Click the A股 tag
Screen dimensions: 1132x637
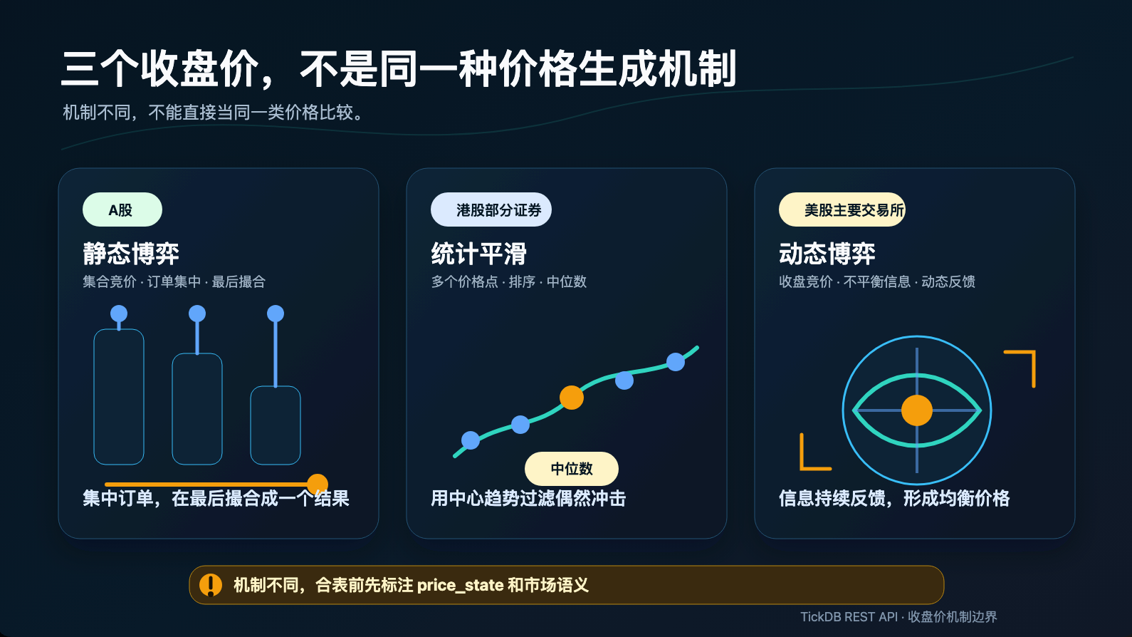coord(122,209)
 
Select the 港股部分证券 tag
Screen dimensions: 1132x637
coord(491,209)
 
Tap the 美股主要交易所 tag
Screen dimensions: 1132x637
coord(842,209)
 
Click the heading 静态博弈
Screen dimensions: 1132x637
coord(131,254)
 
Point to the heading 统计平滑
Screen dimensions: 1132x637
coord(478,254)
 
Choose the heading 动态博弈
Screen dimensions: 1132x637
coord(827,254)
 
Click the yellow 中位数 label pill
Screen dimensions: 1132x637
coord(572,469)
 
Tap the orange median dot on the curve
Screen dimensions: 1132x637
coord(572,397)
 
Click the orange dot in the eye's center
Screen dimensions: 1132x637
coord(917,410)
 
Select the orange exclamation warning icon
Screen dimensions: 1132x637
coord(211,585)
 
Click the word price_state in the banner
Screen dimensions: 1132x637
coord(460,586)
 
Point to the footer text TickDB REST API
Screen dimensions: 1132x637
coord(849,617)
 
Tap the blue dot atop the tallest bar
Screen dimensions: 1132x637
coord(119,314)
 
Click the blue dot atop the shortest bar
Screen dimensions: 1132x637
coord(276,314)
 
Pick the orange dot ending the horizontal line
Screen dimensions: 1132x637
coord(318,485)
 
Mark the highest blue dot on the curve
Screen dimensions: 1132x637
coord(676,362)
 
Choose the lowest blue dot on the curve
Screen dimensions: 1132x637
coord(471,440)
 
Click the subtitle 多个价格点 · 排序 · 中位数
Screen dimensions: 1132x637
coord(508,281)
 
